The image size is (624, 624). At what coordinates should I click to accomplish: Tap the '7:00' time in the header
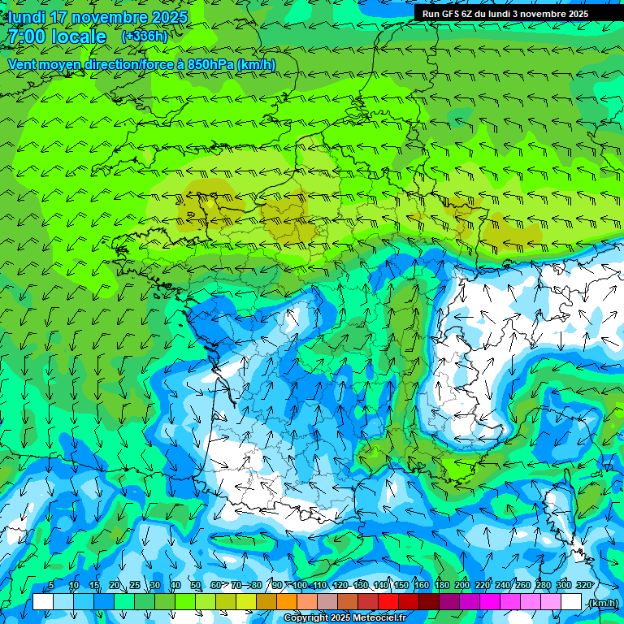24,37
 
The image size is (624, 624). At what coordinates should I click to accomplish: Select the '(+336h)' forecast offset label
145,37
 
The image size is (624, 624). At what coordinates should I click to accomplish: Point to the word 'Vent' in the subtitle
24,64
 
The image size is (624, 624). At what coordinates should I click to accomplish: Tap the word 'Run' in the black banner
432,14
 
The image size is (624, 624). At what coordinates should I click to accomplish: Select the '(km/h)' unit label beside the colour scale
602,602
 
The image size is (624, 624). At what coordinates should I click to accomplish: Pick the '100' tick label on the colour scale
300,585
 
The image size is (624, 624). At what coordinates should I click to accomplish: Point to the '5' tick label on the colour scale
51,585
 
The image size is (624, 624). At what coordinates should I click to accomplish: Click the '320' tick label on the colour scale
583,585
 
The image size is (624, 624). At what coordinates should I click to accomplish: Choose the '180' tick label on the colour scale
442,585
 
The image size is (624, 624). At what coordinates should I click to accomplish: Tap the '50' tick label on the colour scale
196,585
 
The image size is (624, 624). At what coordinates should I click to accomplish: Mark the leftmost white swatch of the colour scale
42,602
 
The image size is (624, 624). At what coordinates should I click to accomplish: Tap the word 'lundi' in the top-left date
27,17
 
